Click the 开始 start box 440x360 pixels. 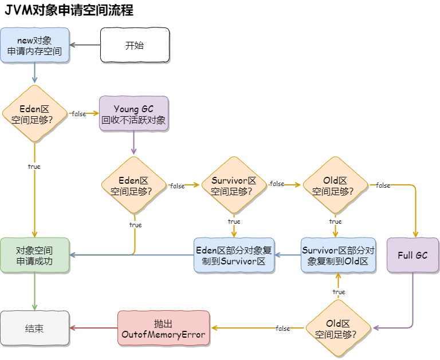pos(135,45)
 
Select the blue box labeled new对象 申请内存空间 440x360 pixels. pos(35,45)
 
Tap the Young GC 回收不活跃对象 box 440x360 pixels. pos(134,113)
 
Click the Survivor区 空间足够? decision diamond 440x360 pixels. pos(234,185)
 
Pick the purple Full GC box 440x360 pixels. pos(412,255)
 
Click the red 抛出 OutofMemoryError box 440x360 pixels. pos(164,328)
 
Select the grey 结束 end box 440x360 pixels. pos(35,328)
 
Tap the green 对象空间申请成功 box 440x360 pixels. pos(35,255)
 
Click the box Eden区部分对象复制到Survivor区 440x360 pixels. pos(234,255)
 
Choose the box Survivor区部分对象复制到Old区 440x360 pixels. pos(338,255)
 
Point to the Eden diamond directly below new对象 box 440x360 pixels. pos(35,113)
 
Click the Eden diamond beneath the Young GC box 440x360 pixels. pos(134,185)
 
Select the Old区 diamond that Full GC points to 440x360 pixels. pos(338,328)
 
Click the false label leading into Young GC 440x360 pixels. pos(79,114)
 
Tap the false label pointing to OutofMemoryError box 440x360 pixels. pos(283,329)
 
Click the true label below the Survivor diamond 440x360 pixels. pos(234,221)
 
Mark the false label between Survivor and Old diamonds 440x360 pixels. pos(277,184)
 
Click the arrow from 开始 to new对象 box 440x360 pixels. pos(85,45)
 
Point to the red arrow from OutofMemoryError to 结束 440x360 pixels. pos(93,328)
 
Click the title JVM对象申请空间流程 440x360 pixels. pos(69,10)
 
